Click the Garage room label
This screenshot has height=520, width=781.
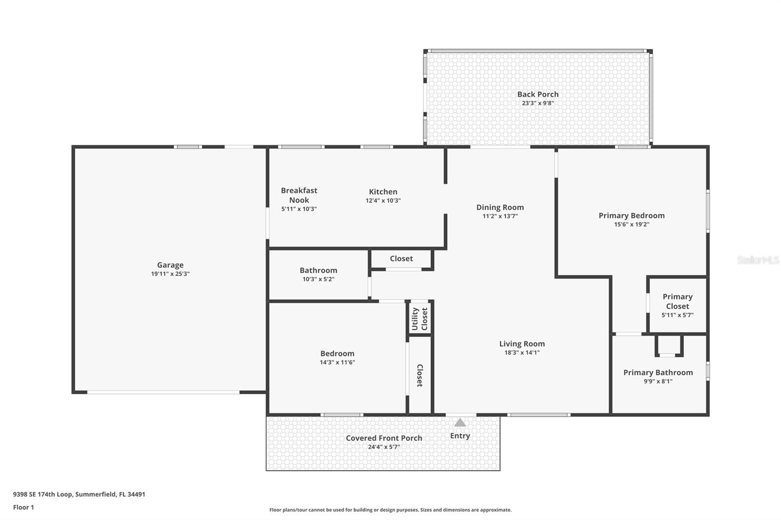click(170, 265)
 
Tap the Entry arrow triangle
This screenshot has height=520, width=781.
click(460, 422)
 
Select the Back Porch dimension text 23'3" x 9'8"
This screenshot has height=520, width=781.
click(537, 103)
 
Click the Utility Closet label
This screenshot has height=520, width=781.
click(420, 319)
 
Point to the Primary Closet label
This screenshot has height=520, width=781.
click(677, 301)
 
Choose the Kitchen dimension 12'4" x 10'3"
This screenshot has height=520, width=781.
click(383, 200)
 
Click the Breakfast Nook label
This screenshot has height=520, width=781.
click(299, 195)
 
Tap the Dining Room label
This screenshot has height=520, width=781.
click(500, 207)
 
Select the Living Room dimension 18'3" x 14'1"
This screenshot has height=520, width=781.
click(522, 353)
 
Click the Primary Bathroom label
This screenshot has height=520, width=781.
click(658, 372)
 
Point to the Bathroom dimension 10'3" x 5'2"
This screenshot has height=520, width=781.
click(318, 279)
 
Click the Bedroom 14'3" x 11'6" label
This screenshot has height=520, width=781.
click(337, 354)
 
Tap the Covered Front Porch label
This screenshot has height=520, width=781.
click(384, 438)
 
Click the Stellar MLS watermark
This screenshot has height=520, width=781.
click(758, 260)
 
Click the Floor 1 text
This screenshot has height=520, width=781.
click(23, 507)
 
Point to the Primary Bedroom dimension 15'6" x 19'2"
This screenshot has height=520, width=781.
click(632, 224)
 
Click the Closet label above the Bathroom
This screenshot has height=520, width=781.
click(401, 259)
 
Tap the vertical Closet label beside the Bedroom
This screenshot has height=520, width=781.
click(419, 376)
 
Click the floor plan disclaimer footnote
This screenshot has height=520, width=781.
click(390, 510)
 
